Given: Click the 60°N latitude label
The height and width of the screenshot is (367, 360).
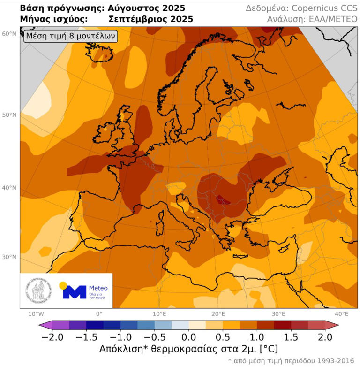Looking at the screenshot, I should pos(9,34).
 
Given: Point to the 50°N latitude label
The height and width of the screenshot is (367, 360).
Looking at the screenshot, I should pos(9,115).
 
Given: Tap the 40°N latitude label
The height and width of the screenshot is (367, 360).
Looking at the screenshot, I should pos(9,188).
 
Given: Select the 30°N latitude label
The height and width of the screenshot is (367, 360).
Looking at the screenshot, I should pos(9,257).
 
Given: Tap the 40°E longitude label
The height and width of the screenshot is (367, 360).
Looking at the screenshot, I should pos(341,314).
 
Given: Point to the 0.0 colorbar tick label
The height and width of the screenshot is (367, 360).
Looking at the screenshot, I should pos(189,337).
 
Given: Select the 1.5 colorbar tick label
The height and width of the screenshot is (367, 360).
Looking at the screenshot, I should pos(280,337).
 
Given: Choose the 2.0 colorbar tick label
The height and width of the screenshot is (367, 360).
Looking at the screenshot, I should pos(325,337).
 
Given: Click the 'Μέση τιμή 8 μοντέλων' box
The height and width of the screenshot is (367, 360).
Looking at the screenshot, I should pos(70,36).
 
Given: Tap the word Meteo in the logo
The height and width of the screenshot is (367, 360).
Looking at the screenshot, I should pos(98,288).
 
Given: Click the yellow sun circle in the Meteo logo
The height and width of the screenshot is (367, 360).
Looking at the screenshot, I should pos(63,285).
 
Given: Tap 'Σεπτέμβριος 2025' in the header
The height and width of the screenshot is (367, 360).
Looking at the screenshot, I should pos(150,20).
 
